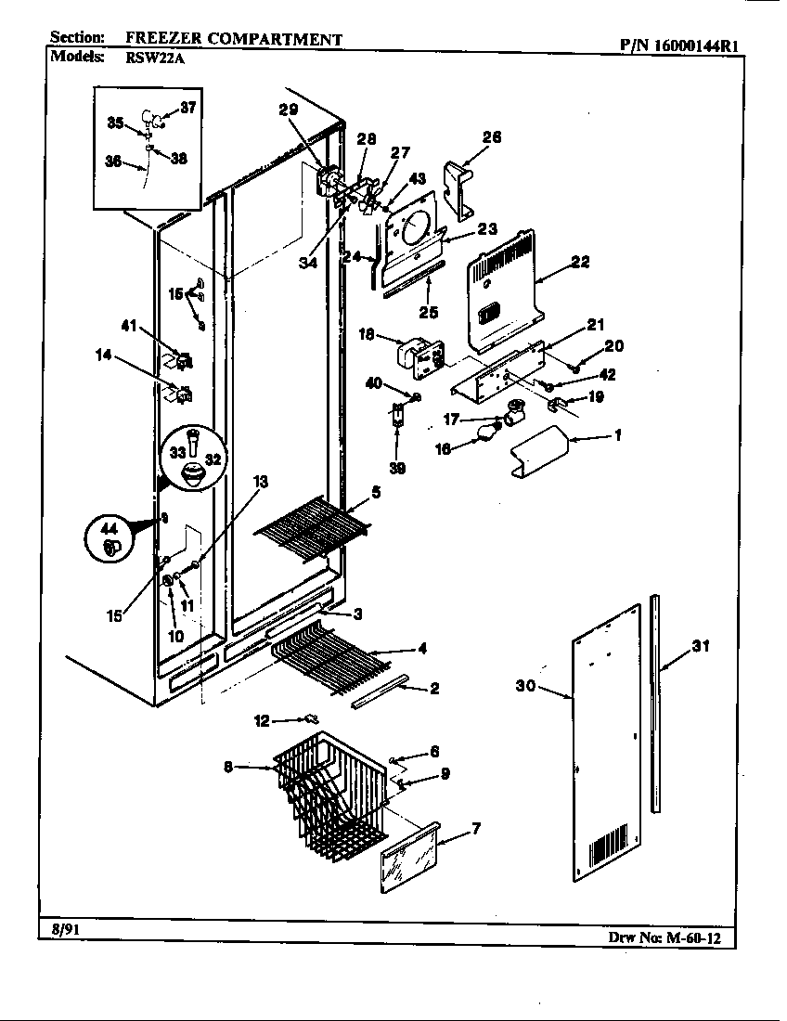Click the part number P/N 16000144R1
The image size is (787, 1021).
tap(681, 43)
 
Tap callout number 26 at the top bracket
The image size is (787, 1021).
tap(491, 137)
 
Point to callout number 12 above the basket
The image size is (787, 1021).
tap(261, 719)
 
